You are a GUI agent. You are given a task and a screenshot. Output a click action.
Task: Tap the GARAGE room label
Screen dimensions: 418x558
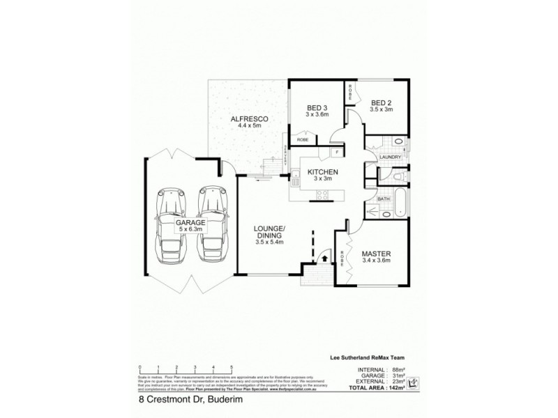pyautogui.click(x=190, y=223)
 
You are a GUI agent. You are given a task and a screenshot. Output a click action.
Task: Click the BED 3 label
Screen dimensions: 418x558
pyautogui.click(x=317, y=108)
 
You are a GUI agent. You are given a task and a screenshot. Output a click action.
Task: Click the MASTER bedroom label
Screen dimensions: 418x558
pyautogui.click(x=376, y=254)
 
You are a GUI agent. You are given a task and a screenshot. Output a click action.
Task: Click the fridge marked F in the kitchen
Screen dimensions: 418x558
pyautogui.click(x=337, y=152)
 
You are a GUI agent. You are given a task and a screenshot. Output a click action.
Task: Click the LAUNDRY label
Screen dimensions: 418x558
pyautogui.click(x=390, y=157)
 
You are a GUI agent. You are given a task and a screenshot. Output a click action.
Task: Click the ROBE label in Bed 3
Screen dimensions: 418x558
pyautogui.click(x=303, y=140)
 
